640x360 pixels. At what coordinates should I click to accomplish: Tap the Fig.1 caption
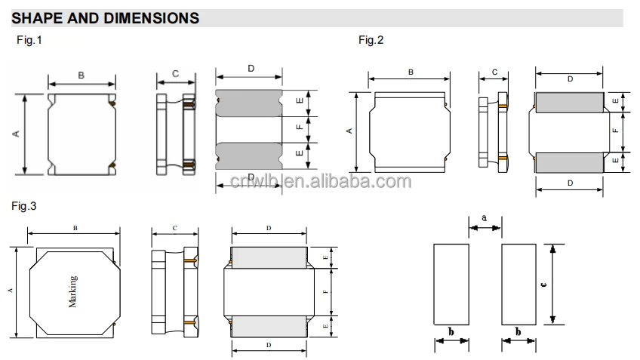click(29, 40)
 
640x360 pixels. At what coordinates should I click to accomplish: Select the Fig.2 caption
click(371, 40)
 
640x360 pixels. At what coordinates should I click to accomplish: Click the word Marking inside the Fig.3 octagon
click(73, 291)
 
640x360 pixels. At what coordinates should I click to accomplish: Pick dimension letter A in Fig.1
click(16, 134)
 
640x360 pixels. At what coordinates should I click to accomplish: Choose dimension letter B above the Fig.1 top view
click(81, 74)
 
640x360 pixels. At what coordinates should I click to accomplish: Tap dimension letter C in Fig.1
click(175, 73)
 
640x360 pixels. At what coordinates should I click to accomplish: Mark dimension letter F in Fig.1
click(300, 128)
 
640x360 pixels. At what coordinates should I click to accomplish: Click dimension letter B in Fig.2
click(411, 72)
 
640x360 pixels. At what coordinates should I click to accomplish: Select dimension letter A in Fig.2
click(349, 131)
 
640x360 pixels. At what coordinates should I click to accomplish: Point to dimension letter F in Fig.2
click(615, 130)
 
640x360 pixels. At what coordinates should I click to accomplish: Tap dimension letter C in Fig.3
click(174, 228)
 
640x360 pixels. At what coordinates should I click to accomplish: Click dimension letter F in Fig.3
click(325, 291)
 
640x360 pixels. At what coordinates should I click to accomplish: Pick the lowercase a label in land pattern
click(484, 218)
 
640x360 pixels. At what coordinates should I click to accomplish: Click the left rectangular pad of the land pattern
click(451, 284)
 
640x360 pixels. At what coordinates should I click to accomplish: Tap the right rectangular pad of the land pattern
click(519, 284)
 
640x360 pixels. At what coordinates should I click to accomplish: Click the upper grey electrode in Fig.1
click(249, 102)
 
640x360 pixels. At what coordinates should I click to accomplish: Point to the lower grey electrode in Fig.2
click(570, 161)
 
